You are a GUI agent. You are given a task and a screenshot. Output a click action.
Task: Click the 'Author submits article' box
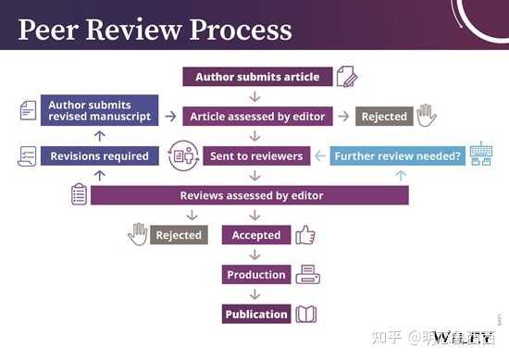pyautogui.click(x=255, y=77)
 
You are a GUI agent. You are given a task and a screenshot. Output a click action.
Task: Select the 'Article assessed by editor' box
pyautogui.click(x=255, y=117)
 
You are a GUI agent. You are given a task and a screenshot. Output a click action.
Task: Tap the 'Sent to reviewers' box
pyautogui.click(x=255, y=155)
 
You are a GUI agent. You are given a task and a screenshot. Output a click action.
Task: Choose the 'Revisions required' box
pyautogui.click(x=99, y=155)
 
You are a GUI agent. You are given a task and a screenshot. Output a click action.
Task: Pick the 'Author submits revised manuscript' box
pyautogui.click(x=99, y=111)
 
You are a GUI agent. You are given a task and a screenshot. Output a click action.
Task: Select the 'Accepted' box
pyautogui.click(x=256, y=235)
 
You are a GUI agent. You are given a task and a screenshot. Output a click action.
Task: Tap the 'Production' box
pyautogui.click(x=256, y=275)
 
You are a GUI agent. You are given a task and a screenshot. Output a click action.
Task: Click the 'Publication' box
pyautogui.click(x=256, y=314)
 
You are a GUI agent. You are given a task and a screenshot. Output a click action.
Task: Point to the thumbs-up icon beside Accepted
pyautogui.click(x=305, y=235)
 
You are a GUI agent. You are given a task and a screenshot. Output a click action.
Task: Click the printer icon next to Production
pyautogui.click(x=306, y=275)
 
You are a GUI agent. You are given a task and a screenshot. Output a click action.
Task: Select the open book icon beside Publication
pyautogui.click(x=306, y=314)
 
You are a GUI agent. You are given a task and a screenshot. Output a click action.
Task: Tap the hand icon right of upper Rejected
pyautogui.click(x=427, y=116)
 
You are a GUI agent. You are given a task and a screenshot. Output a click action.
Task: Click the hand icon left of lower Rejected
pyautogui.click(x=138, y=234)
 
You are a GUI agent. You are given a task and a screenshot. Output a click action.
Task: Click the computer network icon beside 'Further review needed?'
pyautogui.click(x=481, y=155)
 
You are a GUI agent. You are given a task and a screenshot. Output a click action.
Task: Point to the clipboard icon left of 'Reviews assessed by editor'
pyautogui.click(x=79, y=194)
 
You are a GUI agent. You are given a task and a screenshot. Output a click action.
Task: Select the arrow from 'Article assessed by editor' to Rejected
pyautogui.click(x=343, y=117)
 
